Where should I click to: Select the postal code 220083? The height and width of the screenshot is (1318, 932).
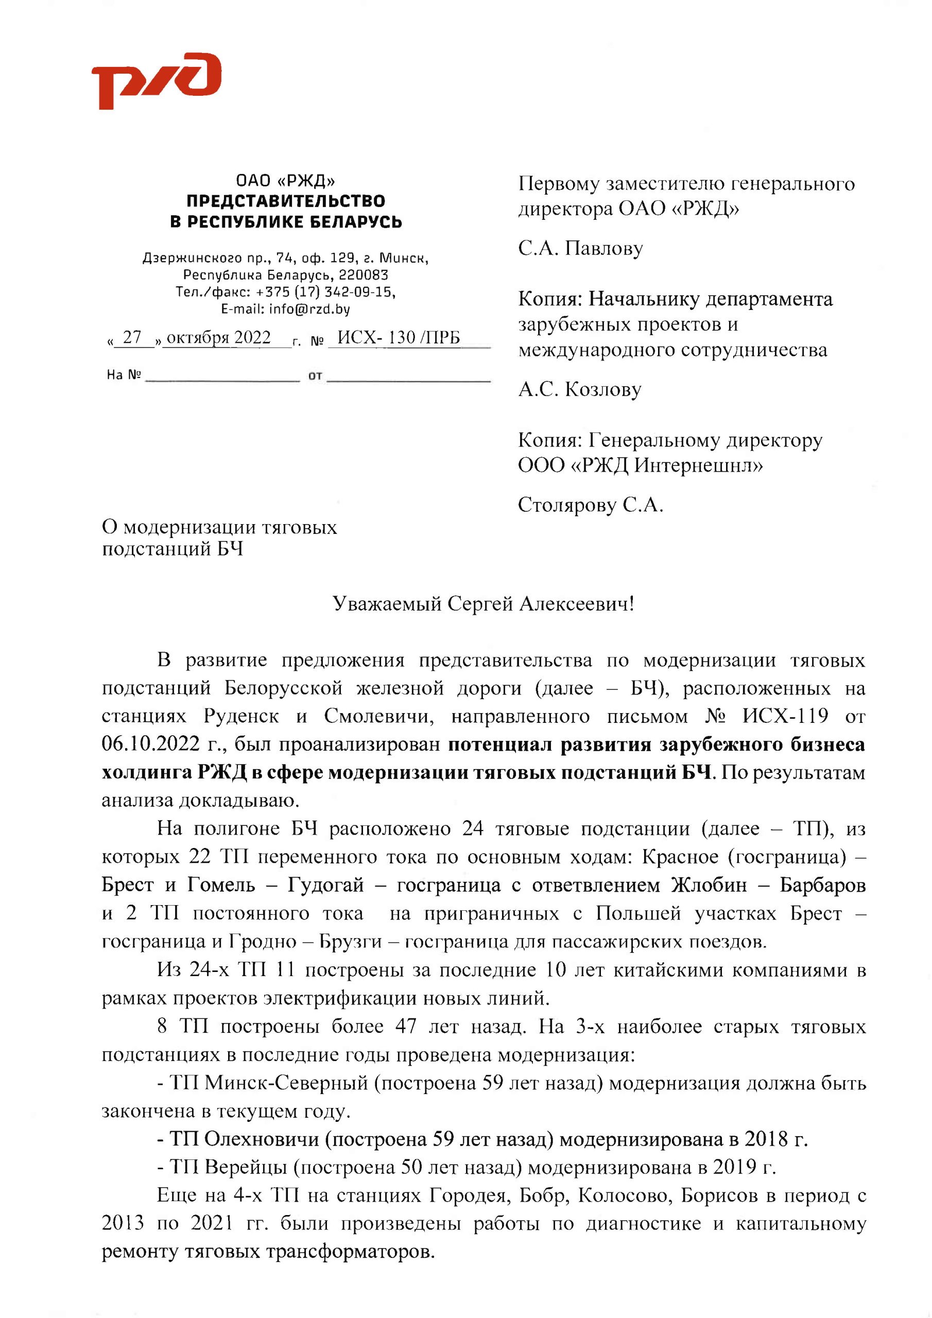(x=363, y=275)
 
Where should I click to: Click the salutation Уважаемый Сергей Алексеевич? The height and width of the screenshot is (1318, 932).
(x=483, y=604)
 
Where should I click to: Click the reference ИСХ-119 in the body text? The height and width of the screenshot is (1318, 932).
(x=785, y=716)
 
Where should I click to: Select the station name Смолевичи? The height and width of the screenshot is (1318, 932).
(x=379, y=716)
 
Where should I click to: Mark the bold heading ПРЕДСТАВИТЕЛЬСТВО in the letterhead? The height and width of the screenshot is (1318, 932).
(x=285, y=201)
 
